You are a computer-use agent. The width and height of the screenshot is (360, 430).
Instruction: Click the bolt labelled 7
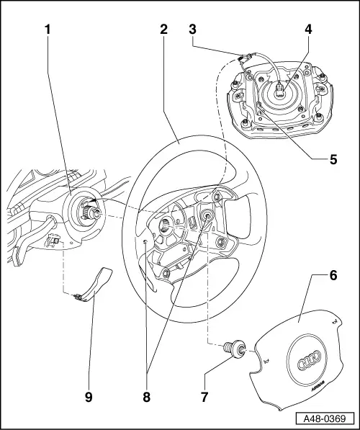coord(234,349)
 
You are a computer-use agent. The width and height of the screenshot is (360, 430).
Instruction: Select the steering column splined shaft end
coord(91,211)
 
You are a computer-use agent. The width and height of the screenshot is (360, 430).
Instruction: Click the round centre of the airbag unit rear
coord(279,91)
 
